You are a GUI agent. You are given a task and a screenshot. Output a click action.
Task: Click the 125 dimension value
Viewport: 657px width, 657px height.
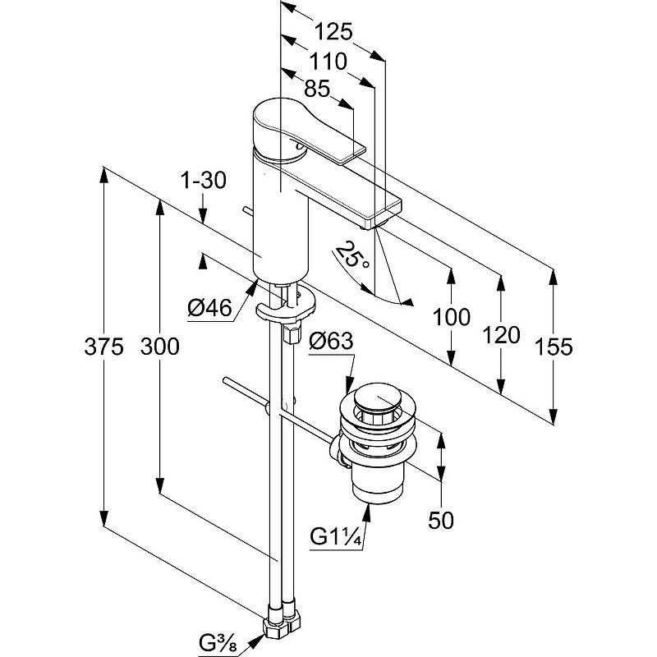tap(333, 32)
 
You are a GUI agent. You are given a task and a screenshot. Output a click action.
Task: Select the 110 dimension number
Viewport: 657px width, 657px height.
tap(328, 62)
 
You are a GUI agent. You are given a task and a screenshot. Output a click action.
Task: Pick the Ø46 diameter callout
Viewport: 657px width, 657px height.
tap(209, 308)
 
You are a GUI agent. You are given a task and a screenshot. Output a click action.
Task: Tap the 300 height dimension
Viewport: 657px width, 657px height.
tap(159, 347)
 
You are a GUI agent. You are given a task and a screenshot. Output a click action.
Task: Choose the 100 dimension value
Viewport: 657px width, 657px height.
tap(453, 317)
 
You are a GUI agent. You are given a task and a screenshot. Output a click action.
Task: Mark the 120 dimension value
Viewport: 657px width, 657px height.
tap(501, 334)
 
